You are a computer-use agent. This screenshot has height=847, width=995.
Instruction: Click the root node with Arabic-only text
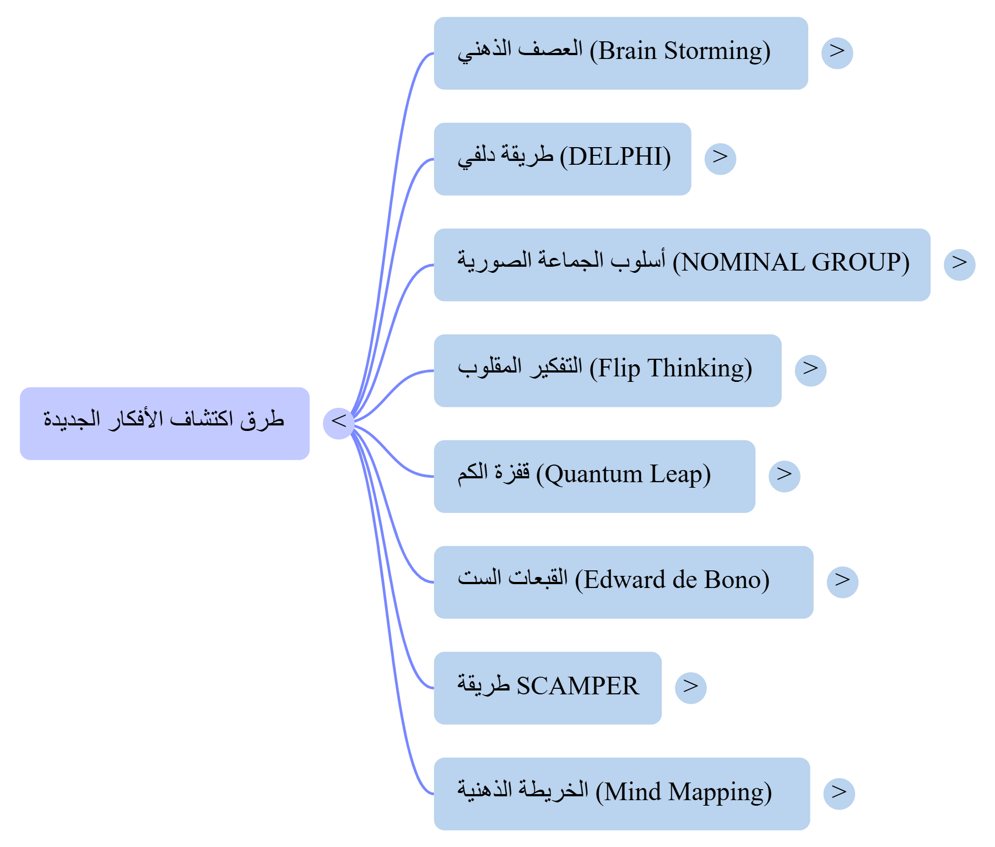165,423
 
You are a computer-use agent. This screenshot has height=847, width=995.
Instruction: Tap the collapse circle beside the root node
338,423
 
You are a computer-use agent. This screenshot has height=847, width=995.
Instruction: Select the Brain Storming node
620,53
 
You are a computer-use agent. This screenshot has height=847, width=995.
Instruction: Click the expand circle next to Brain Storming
837,53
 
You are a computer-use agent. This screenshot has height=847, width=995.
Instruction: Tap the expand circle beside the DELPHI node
720,159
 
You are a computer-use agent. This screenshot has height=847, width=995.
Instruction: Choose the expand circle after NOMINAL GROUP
959,265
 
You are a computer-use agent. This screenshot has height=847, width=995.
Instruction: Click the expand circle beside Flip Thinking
810,370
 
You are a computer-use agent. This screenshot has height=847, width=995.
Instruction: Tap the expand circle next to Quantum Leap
784,476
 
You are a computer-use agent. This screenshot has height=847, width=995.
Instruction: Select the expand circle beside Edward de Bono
842,582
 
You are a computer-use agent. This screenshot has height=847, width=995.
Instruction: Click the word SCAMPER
577,686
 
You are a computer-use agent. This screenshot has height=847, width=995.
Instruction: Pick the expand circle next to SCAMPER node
690,688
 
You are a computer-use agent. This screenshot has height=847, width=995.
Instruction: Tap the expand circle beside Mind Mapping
839,794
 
